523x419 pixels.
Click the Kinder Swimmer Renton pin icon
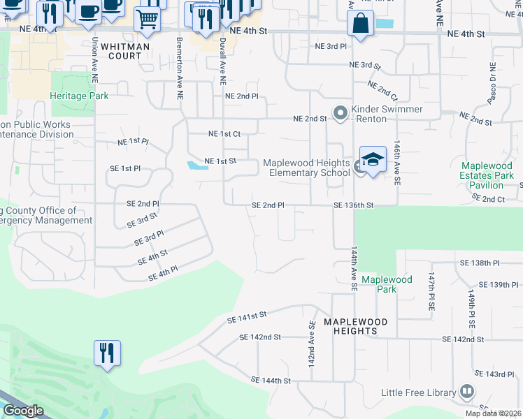(x=341, y=113)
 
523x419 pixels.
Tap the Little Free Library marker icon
(x=466, y=392)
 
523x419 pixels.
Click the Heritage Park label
(x=79, y=96)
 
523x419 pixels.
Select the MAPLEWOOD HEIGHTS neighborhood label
(x=355, y=326)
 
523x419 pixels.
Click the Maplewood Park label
(x=387, y=284)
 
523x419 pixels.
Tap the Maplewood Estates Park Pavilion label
(x=487, y=175)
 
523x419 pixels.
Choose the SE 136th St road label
(x=354, y=205)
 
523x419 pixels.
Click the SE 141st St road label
(x=248, y=318)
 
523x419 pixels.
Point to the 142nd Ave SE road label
(x=311, y=344)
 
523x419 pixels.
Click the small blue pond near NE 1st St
(x=196, y=166)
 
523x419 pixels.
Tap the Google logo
(x=22, y=411)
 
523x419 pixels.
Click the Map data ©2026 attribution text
(x=493, y=413)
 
